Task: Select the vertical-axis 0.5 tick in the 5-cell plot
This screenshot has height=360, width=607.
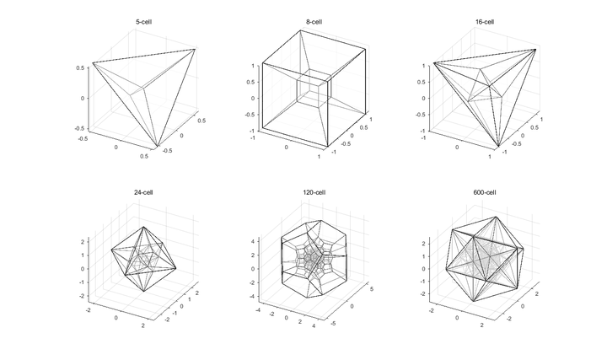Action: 83,67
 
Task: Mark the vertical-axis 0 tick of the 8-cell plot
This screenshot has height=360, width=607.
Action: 254,98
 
